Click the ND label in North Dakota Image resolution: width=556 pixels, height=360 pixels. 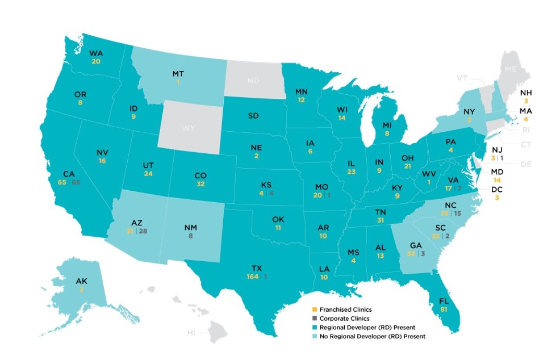click(x=254, y=81)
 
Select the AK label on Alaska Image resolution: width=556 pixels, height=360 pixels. click(x=82, y=281)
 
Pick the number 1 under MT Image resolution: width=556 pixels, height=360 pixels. click(x=178, y=82)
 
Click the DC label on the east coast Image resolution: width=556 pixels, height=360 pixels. click(x=497, y=189)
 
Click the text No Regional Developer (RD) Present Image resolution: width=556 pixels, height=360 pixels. click(x=372, y=337)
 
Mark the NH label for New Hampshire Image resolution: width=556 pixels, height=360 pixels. click(x=526, y=92)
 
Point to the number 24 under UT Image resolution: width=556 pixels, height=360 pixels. click(x=149, y=174)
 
